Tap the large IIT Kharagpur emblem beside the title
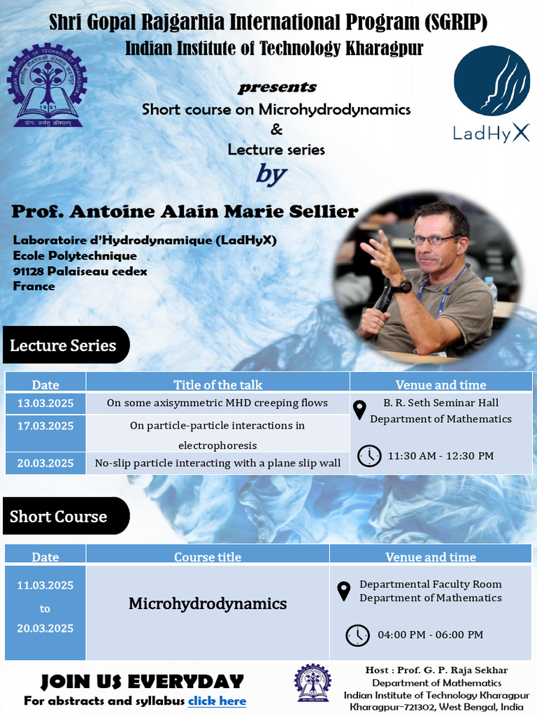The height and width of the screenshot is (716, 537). click(47, 85)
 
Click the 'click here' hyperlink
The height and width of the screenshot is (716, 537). click(217, 701)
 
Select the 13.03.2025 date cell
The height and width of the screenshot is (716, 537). click(45, 403)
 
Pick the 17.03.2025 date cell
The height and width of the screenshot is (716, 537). click(45, 433)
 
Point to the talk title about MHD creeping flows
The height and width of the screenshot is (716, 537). click(217, 403)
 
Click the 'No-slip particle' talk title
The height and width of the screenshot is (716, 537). click(217, 463)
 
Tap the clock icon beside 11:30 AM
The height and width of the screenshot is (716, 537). click(369, 456)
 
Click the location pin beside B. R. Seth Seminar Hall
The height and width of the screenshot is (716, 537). click(360, 410)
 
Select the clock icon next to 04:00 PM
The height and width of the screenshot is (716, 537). click(357, 635)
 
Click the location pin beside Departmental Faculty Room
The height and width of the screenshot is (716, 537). click(343, 592)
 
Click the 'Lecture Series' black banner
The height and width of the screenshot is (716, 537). click(66, 345)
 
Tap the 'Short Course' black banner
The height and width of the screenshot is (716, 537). click(66, 516)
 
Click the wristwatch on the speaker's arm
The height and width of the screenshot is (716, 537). click(403, 287)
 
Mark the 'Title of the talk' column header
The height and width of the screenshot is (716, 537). click(218, 385)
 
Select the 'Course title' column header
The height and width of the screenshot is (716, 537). click(208, 557)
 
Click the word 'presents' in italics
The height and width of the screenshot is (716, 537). click(277, 87)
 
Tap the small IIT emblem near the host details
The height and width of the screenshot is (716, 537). click(313, 683)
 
